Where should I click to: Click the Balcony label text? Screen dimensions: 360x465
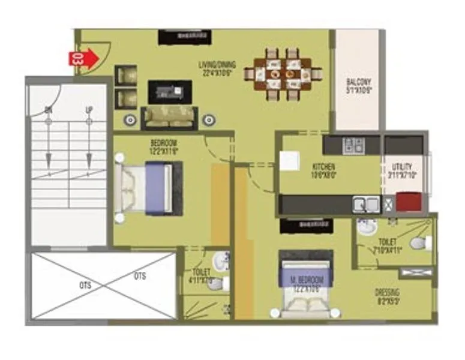point(359,86)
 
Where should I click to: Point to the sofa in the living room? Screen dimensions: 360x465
point(169,117)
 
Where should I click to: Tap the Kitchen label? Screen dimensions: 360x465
point(323,170)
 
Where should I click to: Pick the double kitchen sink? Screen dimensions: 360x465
point(366,205)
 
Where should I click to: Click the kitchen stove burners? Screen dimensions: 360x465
point(353,145)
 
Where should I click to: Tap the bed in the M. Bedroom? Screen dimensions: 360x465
point(306,286)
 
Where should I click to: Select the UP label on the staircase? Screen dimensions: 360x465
point(89,110)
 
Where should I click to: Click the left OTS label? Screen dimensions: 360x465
point(85,285)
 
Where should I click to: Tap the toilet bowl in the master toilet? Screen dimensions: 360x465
point(419,243)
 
